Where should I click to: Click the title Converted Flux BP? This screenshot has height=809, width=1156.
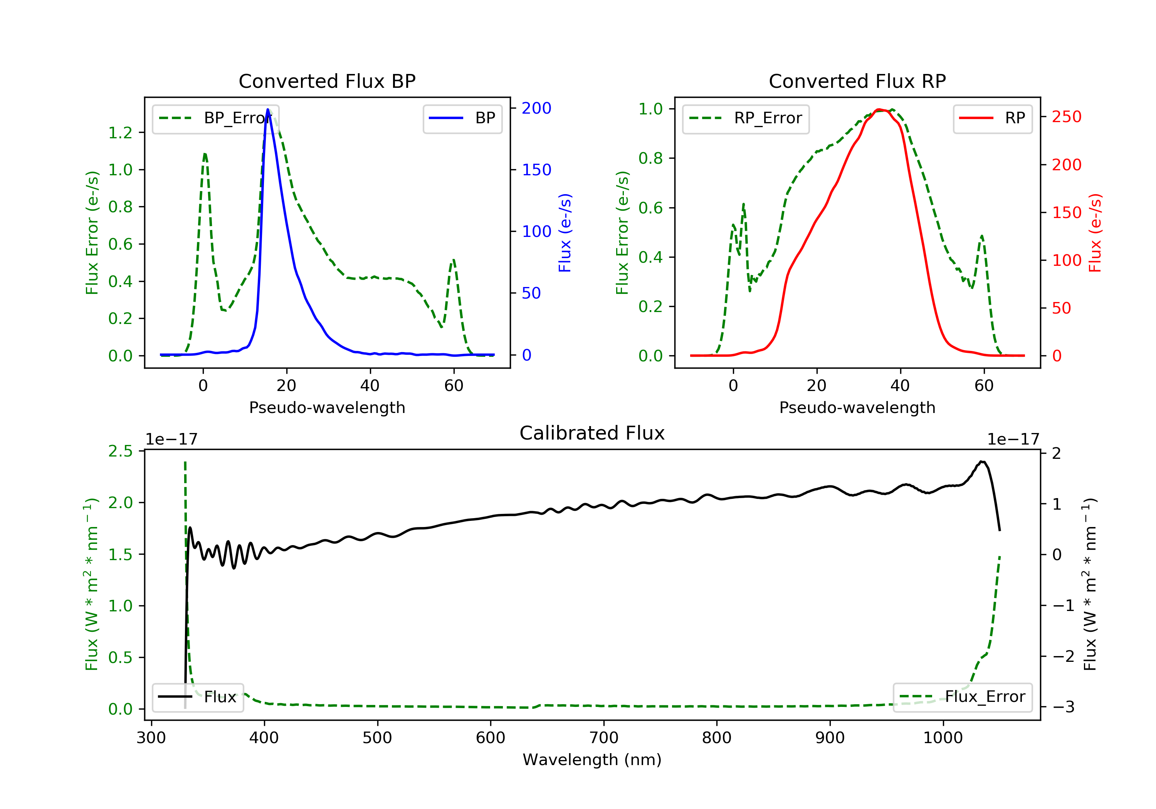click(327, 81)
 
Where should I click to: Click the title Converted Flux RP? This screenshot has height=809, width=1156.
click(857, 81)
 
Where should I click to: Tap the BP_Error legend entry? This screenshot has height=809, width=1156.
click(215, 118)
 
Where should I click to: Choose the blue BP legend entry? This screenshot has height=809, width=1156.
click(462, 118)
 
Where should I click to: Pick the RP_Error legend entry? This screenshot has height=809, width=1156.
click(745, 118)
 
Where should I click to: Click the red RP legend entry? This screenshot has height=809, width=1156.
click(992, 118)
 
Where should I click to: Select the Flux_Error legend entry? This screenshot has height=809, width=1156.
click(962, 697)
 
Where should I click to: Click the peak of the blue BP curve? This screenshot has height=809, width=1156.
click(268, 109)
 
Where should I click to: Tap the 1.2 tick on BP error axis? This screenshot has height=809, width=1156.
click(120, 133)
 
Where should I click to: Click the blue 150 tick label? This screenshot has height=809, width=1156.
click(536, 170)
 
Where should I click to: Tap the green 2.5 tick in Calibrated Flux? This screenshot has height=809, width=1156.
click(120, 451)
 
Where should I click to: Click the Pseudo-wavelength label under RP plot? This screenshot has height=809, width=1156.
click(857, 407)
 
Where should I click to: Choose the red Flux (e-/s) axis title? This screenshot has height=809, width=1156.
click(1096, 233)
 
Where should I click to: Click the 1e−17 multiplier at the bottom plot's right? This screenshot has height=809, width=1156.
click(1013, 440)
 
